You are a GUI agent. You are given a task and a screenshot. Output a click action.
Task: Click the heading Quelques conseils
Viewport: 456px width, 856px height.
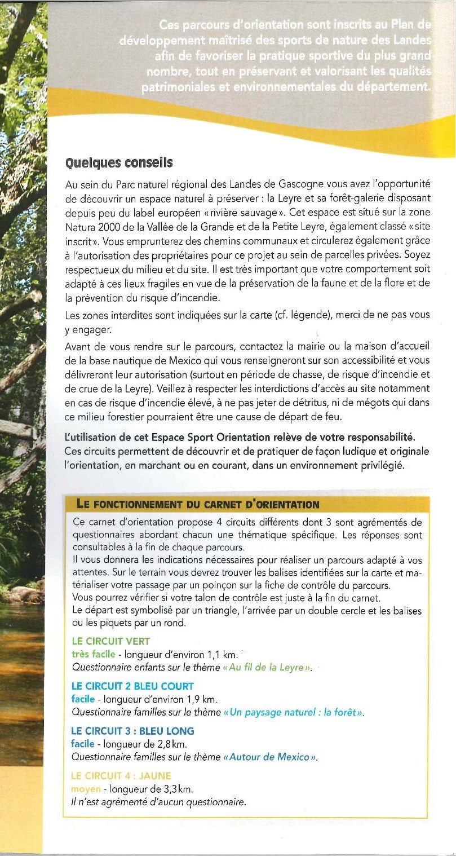point(119,163)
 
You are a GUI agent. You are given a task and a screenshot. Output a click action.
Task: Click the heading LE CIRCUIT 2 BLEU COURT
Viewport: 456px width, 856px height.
point(132,686)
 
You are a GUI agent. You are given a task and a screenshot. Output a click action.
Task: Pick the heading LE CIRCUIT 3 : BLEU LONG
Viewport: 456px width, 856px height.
point(132,731)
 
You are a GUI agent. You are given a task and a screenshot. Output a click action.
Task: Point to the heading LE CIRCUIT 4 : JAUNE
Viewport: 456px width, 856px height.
point(121,775)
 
